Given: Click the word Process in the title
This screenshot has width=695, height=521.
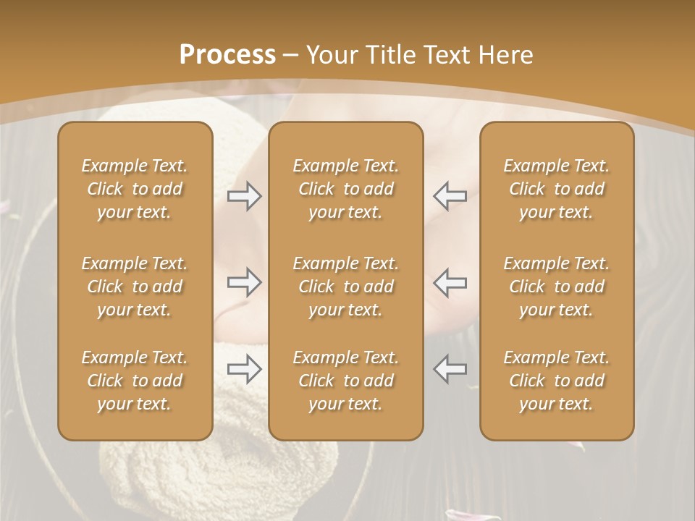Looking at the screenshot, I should [x=227, y=55].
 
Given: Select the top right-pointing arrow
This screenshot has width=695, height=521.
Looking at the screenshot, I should [x=245, y=196].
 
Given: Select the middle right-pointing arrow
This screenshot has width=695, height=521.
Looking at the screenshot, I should [x=245, y=282].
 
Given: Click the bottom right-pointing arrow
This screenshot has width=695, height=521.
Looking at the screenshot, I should [x=245, y=368].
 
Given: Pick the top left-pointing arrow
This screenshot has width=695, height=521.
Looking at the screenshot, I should [x=450, y=196].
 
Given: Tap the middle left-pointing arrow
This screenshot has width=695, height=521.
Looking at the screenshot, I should [x=450, y=282].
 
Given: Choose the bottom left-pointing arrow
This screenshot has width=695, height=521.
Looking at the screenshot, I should [x=450, y=368].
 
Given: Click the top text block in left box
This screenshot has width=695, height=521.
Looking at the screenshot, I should [x=135, y=189].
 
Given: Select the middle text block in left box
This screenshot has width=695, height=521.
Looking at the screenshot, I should [x=135, y=287].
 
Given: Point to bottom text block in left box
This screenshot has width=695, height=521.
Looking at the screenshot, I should [x=135, y=381].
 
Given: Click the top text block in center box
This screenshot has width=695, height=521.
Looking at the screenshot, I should [x=346, y=189].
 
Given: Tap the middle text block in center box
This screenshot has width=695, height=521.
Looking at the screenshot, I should [x=346, y=287].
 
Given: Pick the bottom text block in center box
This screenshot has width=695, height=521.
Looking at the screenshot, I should [x=346, y=381].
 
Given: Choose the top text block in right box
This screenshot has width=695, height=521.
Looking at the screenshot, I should [x=557, y=189].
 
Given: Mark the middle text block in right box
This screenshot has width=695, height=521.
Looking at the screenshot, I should [x=557, y=287].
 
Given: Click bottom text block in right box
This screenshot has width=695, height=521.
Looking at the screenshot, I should [x=557, y=381].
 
